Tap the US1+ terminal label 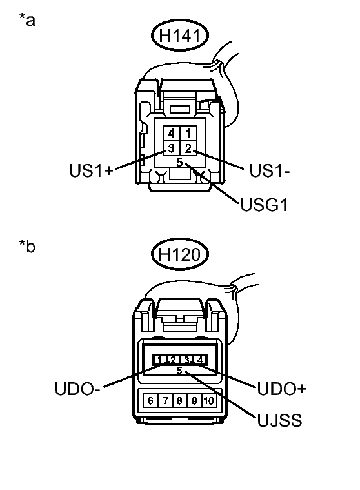tap(91, 170)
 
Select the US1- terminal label tap(270, 170)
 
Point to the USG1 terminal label tap(264, 205)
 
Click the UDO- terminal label tap(77, 389)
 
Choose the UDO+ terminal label tap(282, 389)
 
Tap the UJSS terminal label tap(280, 420)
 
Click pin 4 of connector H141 tap(172, 134)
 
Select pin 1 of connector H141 tap(188, 134)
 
